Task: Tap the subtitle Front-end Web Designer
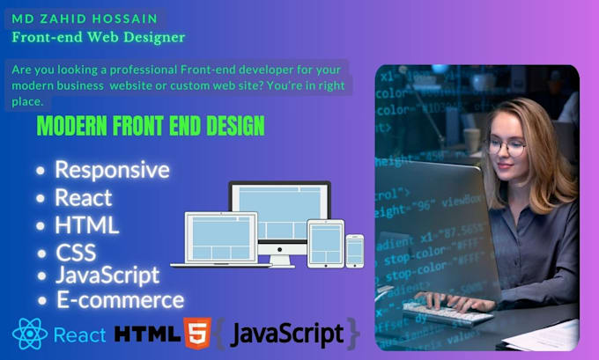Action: pos(98,37)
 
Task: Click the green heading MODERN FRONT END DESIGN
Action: pos(151,126)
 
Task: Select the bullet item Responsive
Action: pos(112,169)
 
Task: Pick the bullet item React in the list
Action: pos(84,196)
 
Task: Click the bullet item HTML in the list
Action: pos(86,224)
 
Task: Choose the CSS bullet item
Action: pos(76,253)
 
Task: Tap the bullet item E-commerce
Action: pos(120,299)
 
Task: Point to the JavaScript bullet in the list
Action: pos(107,275)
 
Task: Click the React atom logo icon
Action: pos(29,334)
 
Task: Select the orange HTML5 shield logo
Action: pos(196,334)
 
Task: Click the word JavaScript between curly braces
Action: pos(286,334)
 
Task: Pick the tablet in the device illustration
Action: pos(324,243)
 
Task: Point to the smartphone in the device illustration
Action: pos(354,251)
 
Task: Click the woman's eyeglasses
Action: pos(505,147)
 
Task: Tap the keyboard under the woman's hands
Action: pos(449,309)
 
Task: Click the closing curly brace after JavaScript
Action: pos(353,334)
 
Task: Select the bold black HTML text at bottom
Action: pos(147,334)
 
